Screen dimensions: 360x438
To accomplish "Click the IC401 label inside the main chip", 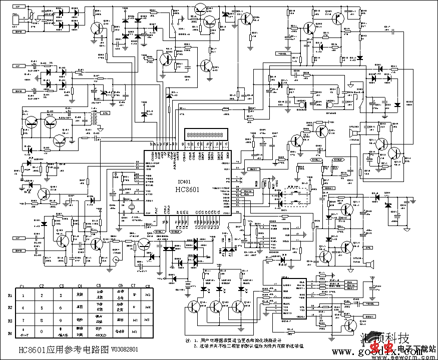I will [x=184, y=182].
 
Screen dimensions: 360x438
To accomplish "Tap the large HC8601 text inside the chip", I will [x=187, y=189].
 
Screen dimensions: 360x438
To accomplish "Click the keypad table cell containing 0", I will [x=41, y=331].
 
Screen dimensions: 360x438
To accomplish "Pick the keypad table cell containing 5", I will [x=41, y=307].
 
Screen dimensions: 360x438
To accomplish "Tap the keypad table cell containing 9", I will [x=61, y=319].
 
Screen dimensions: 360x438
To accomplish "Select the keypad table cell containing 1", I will [x=23, y=296].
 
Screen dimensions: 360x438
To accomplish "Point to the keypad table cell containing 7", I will [x=23, y=319].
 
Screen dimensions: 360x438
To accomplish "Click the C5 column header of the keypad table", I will [x=99, y=286].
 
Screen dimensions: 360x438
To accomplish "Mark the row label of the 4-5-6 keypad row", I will [x=10, y=307].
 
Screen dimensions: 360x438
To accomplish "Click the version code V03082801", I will [x=125, y=349].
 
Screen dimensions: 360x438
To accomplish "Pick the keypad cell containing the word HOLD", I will [x=99, y=331].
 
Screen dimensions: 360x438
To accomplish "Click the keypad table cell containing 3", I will [x=61, y=296].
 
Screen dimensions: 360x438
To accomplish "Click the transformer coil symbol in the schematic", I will [x=93, y=118].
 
